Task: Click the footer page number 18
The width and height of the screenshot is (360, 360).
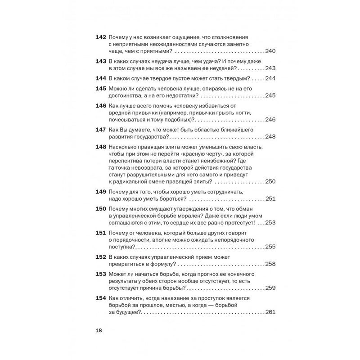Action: point(99,330)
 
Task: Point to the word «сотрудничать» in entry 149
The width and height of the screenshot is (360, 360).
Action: point(224,191)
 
